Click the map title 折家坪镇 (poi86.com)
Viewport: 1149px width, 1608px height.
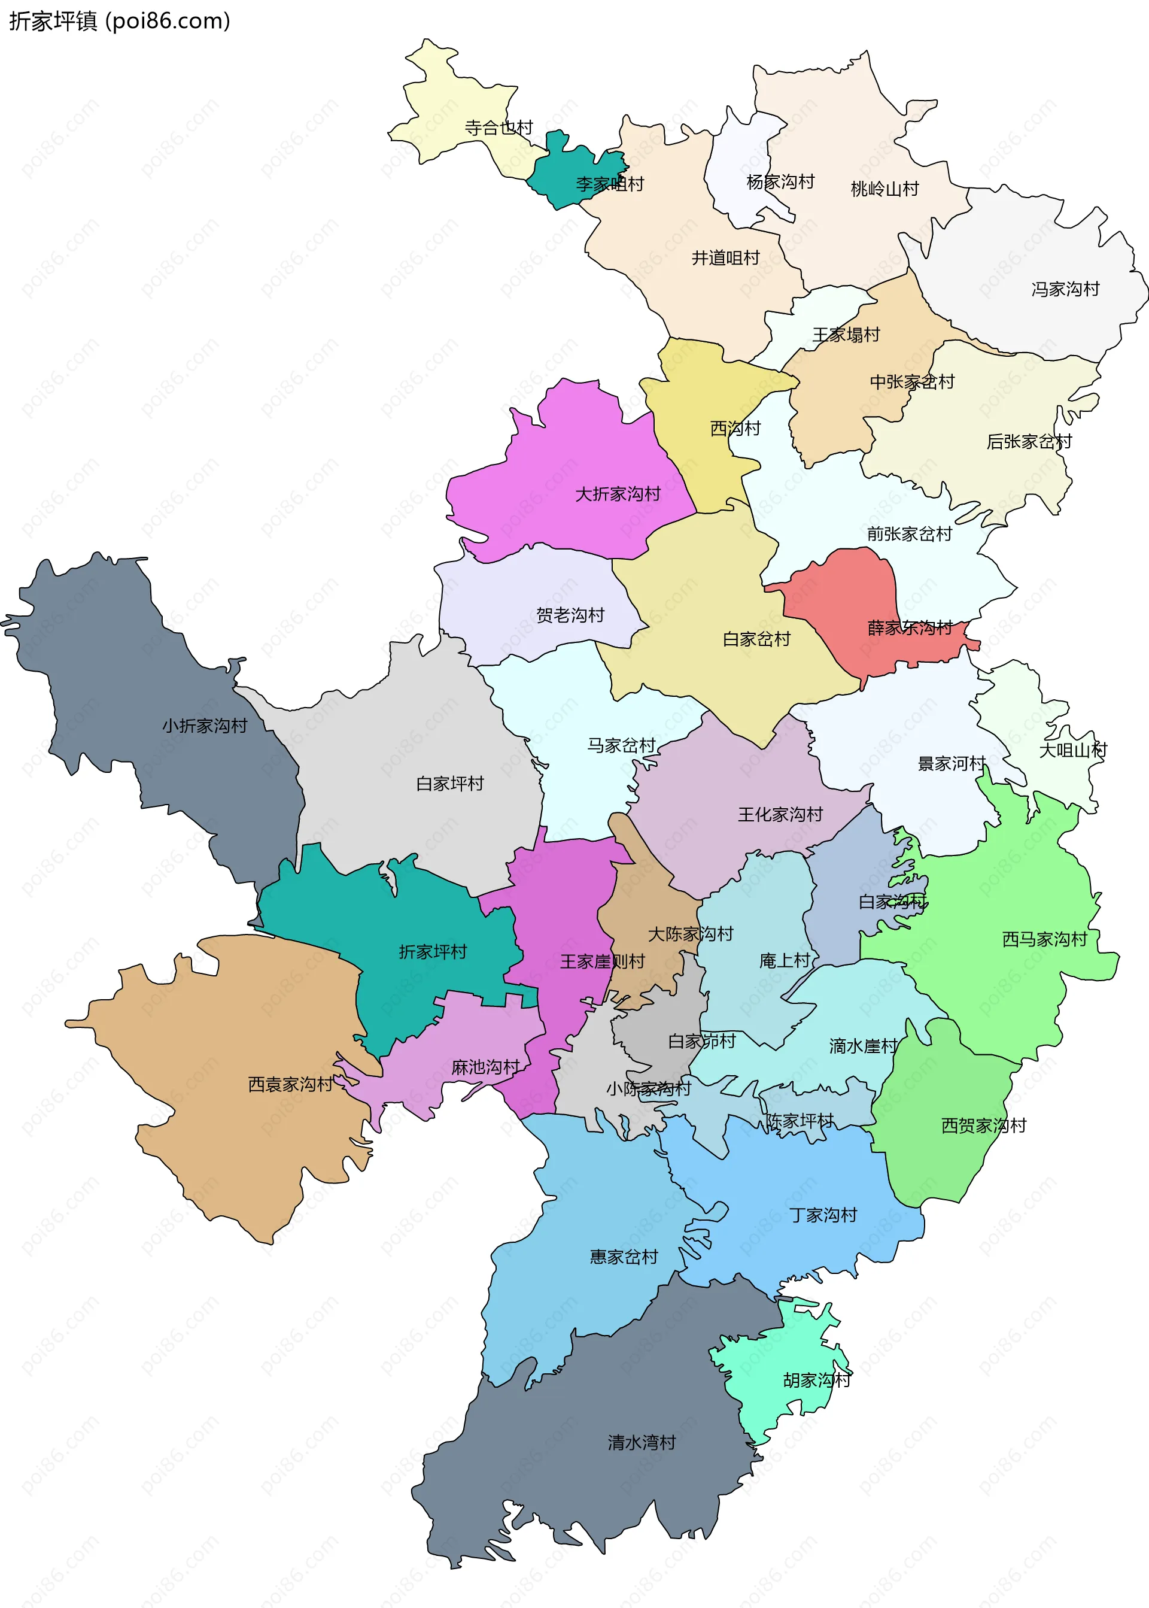[x=120, y=21]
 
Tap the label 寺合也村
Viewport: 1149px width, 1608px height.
[x=498, y=128]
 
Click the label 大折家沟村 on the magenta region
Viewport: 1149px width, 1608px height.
[x=617, y=494]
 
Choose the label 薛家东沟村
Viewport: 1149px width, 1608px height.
[x=910, y=628]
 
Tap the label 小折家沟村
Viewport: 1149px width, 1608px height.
[x=205, y=726]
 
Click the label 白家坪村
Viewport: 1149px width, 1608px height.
[x=449, y=784]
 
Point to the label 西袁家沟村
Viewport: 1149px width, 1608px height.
[x=290, y=1085]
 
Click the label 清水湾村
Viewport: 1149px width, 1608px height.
[x=641, y=1442]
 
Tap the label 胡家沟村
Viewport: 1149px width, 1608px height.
[x=816, y=1380]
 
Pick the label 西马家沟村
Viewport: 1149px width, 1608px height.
[x=1044, y=940]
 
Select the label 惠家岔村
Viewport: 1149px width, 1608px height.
[x=624, y=1257]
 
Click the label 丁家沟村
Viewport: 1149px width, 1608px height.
[x=823, y=1215]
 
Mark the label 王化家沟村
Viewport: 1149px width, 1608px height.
[x=780, y=815]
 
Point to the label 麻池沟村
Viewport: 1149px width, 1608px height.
[x=485, y=1067]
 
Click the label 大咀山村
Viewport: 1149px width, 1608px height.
[x=1072, y=750]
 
